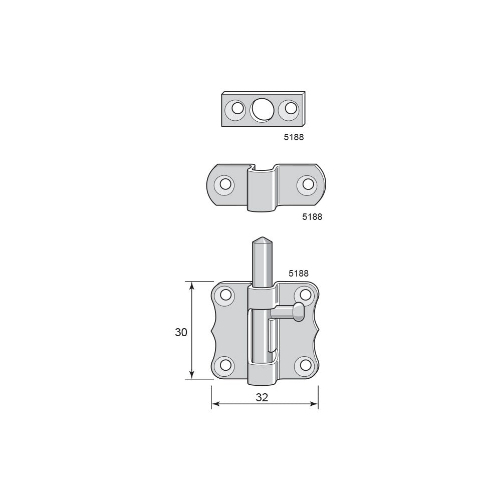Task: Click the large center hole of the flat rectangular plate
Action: pos(262,110)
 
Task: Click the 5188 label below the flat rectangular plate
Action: pos(294,137)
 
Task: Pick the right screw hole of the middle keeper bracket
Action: pos(308,184)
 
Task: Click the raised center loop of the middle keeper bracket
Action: pos(262,188)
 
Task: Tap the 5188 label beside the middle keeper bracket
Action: pos(312,216)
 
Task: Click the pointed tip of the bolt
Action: pos(261,237)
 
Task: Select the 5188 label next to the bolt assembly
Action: pos(299,274)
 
